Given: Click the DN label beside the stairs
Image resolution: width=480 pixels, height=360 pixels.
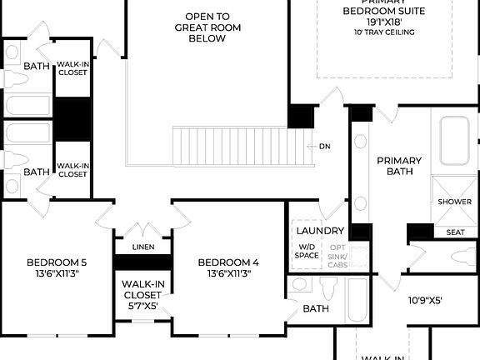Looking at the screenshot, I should pos(324,146).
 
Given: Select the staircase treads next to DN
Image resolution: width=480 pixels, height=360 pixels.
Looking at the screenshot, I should pos(242,146).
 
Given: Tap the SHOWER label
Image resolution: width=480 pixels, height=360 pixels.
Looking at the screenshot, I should pos(454,202).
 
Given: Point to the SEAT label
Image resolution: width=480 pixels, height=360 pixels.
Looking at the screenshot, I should pos(456,232).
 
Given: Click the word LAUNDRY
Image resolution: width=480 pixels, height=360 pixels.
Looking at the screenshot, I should pos(319,230).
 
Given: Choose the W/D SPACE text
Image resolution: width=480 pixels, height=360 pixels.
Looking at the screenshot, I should pos(307,251).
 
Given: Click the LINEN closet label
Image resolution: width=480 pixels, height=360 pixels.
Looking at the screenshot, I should pos(143,247).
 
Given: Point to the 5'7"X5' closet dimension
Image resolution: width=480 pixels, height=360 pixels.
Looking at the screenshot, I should pos(142,305).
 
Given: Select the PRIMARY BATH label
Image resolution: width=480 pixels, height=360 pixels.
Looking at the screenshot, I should pos(399,166).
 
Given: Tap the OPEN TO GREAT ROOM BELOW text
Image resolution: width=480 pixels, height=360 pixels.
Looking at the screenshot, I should pos(207,27).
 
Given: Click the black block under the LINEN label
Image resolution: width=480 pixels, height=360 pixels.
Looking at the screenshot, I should pos(142,262).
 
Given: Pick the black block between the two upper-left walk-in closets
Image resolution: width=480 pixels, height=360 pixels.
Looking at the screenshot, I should pos(72,119).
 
